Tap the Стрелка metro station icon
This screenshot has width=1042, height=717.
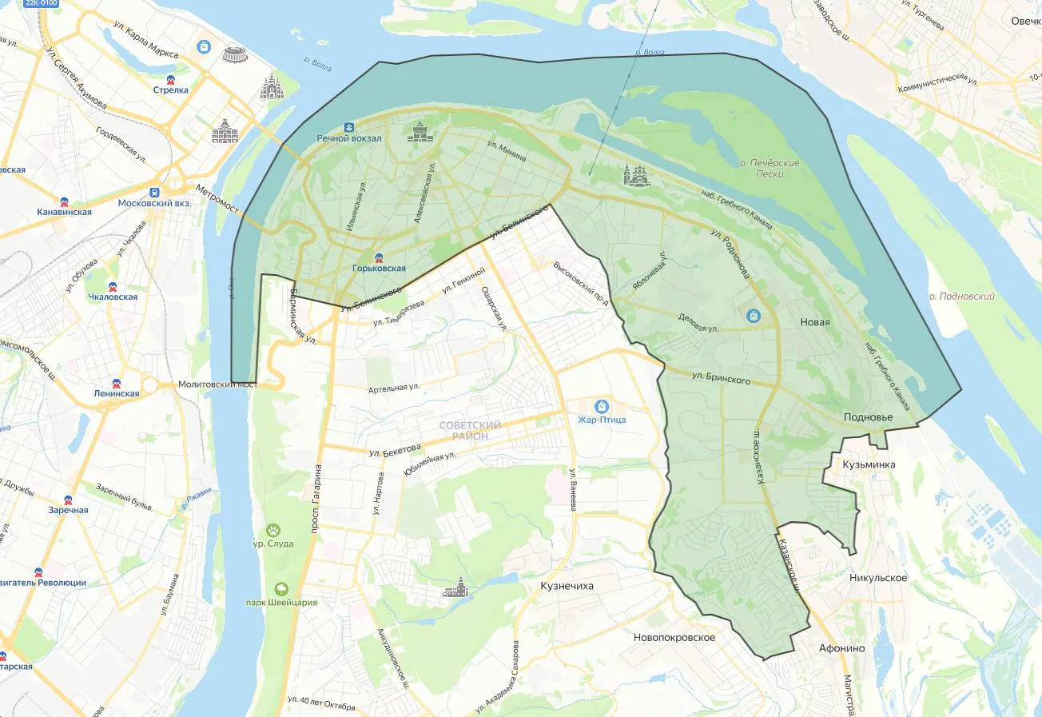point(170,79)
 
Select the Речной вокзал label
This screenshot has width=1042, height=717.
point(349,138)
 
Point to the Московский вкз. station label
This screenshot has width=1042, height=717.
point(154,203)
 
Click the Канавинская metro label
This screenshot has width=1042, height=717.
point(64,212)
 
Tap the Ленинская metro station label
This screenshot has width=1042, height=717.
point(116,393)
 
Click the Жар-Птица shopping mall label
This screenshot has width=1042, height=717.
point(602,420)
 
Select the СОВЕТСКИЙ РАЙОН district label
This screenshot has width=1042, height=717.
point(470,431)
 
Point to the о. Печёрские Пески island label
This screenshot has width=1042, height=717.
point(770,168)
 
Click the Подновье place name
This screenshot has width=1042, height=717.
point(869,417)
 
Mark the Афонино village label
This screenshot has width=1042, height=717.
point(841,648)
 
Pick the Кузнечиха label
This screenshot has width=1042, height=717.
point(567,586)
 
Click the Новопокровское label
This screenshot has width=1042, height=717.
point(674,637)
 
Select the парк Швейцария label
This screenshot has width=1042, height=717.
point(281,602)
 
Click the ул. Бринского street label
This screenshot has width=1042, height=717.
point(721,379)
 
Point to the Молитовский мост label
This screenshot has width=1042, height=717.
point(217,384)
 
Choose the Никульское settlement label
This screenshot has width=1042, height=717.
point(878,577)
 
